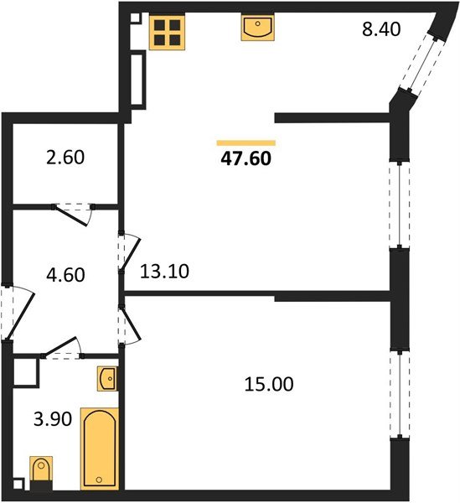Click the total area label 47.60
coord(246,157)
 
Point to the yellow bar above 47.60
coord(246,143)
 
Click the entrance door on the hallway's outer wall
coord(12,312)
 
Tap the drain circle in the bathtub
coord(99,480)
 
